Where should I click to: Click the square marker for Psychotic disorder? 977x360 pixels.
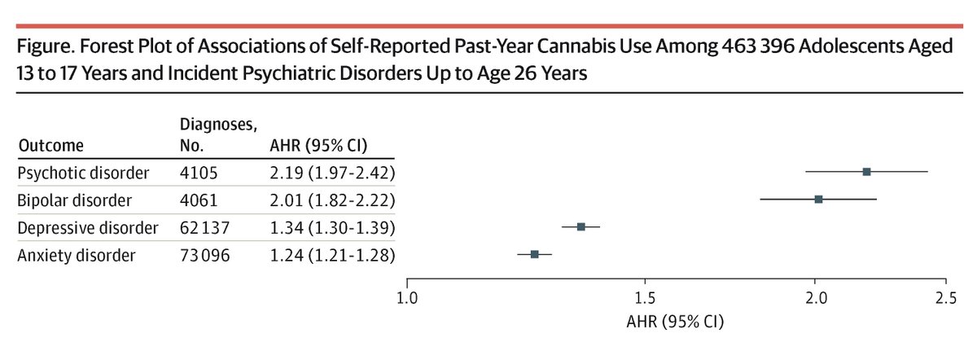point(866,172)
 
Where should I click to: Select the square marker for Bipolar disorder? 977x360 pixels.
point(818,200)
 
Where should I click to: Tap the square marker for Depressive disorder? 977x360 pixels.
point(581,226)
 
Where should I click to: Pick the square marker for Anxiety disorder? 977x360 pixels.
point(534,254)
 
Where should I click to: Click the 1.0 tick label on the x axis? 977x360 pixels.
point(407,298)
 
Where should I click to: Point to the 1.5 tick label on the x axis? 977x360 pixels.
point(645,298)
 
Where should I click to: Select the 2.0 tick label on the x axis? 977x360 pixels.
point(815,298)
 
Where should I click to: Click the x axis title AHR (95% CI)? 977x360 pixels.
point(677,321)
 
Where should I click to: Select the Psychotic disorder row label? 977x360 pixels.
point(83,172)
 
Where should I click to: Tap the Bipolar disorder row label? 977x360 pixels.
point(76,200)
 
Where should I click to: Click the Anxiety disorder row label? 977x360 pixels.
point(76,255)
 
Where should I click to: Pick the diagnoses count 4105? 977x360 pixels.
point(196,172)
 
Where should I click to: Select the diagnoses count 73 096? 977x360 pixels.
point(205,255)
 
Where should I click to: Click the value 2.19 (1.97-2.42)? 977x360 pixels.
point(332,172)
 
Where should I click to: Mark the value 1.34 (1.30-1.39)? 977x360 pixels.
point(332,227)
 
